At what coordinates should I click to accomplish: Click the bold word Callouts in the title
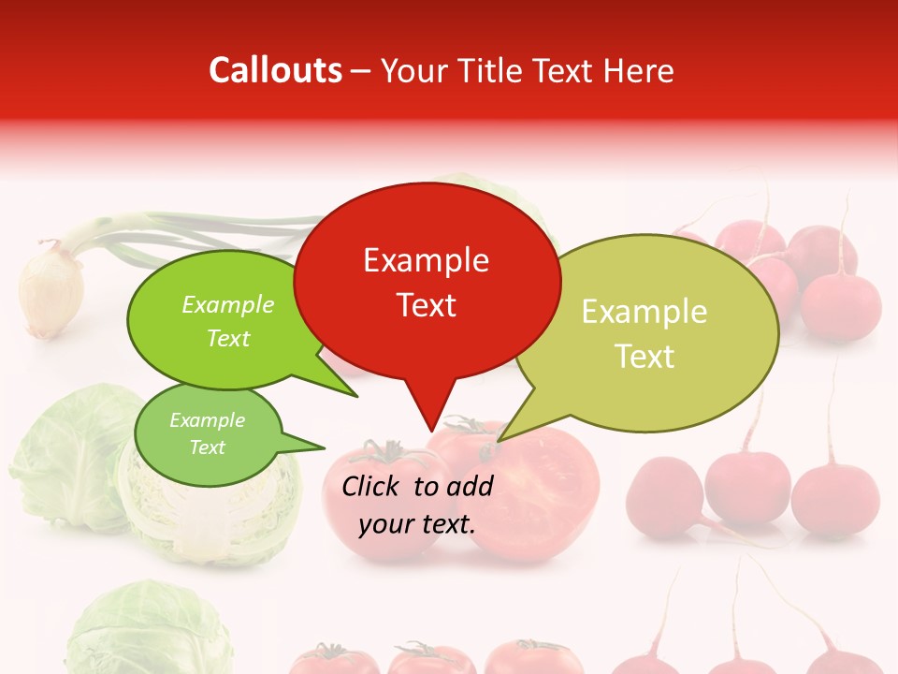(275, 70)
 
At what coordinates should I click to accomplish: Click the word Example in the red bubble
(426, 260)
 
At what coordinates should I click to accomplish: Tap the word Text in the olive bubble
(645, 357)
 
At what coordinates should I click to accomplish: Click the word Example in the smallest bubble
(207, 420)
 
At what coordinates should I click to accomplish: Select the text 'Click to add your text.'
(417, 505)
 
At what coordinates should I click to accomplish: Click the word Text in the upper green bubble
(228, 338)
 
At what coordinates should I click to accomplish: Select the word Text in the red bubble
(427, 305)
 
